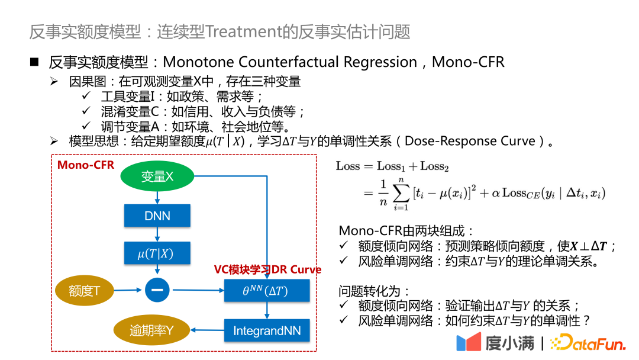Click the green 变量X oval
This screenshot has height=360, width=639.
(157, 176)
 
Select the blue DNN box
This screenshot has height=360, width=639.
(157, 216)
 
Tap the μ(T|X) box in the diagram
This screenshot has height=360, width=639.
(157, 253)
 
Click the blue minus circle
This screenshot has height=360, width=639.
(157, 290)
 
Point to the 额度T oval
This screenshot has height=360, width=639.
(84, 290)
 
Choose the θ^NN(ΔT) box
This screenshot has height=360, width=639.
(267, 290)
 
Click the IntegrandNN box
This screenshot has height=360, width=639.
(267, 330)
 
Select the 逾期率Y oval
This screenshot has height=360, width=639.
(151, 330)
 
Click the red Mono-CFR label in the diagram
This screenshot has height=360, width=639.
(86, 165)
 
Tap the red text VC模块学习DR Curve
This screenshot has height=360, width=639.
(267, 269)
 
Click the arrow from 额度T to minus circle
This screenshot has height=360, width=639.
(129, 290)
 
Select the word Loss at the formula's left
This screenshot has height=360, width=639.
(348, 166)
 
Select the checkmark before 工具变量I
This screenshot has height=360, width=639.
(86, 96)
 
